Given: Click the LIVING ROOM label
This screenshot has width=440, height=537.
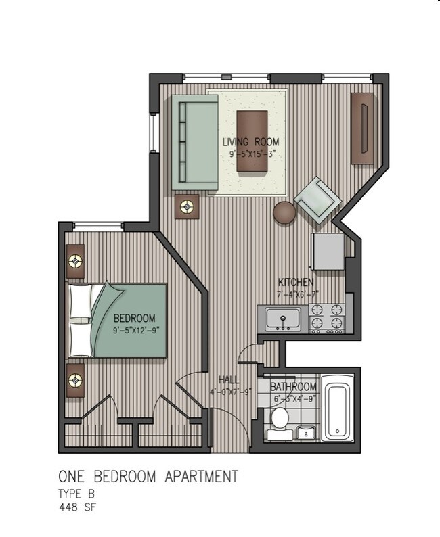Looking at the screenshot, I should (250, 142).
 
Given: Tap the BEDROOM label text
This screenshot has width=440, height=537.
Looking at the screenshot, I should (134, 318).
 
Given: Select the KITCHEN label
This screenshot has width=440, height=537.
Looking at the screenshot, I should (296, 282).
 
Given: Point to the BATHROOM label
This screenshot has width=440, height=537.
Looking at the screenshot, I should (293, 387).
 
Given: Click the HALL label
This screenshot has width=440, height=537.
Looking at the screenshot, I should (228, 379).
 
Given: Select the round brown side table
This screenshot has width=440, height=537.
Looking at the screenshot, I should (284, 212).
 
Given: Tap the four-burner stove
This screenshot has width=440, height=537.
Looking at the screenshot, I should (327, 318).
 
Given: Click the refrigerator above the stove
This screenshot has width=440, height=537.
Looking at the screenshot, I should (328, 252).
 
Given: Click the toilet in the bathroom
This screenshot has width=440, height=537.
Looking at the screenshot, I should (278, 423).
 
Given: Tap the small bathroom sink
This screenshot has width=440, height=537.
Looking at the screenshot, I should (306, 432).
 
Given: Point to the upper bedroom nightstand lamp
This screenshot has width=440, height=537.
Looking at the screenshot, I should (75, 260).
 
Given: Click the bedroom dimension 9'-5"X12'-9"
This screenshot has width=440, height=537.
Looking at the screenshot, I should (134, 330).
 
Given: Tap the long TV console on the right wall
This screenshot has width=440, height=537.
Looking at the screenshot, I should (363, 129).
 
